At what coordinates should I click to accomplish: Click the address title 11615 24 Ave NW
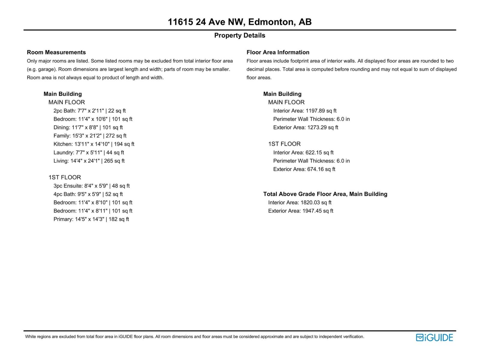pos(239,22)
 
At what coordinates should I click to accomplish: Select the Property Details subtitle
pos(239,35)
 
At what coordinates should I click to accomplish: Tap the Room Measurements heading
pos(56,52)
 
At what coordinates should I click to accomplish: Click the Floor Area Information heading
pos(278,52)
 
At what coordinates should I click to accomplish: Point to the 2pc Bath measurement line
pos(89,111)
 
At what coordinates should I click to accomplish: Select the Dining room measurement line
pos(88,127)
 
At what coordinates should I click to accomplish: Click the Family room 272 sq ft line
pos(90,136)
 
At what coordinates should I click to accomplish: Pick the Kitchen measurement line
pos(94,144)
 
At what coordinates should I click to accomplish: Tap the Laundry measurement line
pos(88,152)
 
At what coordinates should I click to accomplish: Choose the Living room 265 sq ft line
pos(89,161)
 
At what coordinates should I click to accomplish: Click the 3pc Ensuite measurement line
pos(91,186)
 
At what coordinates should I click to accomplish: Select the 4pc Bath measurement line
pos(88,194)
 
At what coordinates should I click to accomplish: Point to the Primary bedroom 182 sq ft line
pos(91,219)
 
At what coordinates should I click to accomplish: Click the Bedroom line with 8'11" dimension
pos(93,211)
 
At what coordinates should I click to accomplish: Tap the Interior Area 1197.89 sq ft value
pos(305,111)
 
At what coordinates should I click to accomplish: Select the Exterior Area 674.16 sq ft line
pos(304,169)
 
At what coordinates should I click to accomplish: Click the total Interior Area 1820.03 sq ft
pos(300,202)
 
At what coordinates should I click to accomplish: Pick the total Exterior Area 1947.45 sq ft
pos(301,211)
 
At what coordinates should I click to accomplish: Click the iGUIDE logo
pos(434,337)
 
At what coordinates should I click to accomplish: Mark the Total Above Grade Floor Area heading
pos(325,194)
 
